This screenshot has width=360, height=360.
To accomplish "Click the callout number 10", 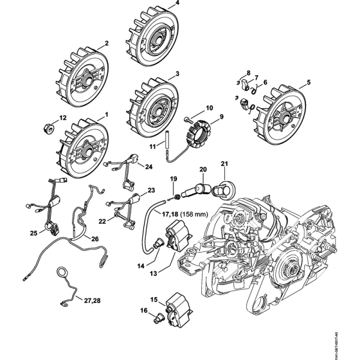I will pos(208,107).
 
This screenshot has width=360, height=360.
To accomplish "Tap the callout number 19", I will pos(172,177).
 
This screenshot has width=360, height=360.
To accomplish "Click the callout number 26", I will pos(94,240).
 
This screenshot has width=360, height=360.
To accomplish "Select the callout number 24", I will pos(148,166).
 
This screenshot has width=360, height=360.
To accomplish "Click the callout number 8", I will pos(249,74).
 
